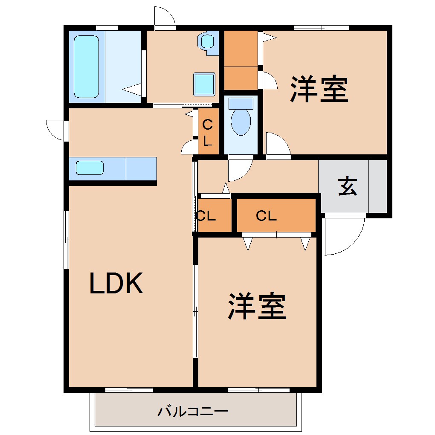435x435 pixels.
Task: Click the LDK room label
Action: (x=116, y=283)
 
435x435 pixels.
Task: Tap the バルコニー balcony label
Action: (x=193, y=412)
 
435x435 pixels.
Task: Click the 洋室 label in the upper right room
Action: (x=319, y=89)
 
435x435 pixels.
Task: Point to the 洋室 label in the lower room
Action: (x=257, y=306)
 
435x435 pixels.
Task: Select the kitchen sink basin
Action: (x=90, y=168)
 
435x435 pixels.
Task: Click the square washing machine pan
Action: (x=204, y=84)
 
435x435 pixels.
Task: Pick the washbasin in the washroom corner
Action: (x=208, y=42)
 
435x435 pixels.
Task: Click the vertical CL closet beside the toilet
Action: (x=208, y=132)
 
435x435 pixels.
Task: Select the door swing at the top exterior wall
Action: (x=165, y=17)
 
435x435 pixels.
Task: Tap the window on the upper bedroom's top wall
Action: (x=322, y=28)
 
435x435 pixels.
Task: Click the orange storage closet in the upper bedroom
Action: (x=241, y=60)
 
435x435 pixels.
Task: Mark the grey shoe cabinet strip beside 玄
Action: (x=377, y=186)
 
